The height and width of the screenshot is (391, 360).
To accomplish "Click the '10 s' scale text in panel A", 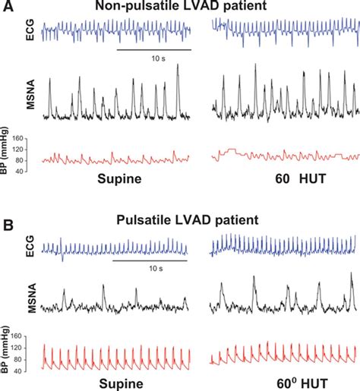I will (x=153, y=58).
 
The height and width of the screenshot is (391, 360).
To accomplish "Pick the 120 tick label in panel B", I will (x=24, y=348).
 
